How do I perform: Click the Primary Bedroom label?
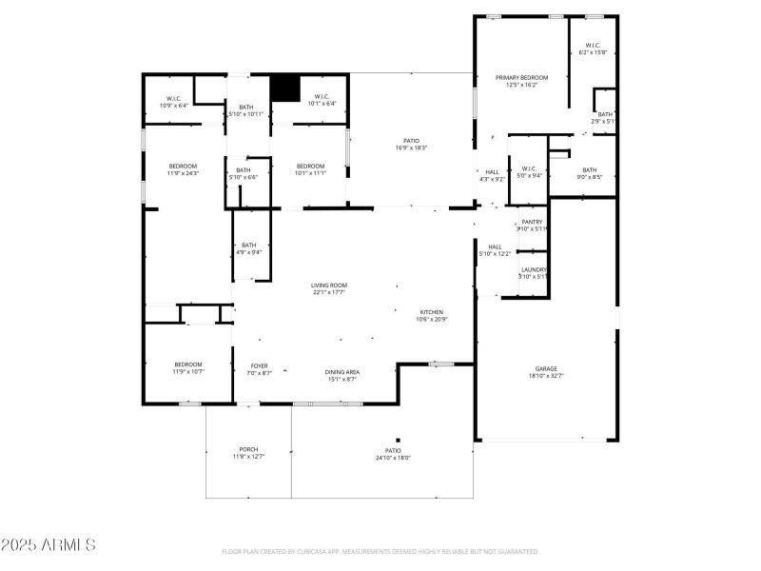(522, 77)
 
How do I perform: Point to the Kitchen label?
(432, 312)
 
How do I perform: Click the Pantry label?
(532, 221)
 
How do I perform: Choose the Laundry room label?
(533, 269)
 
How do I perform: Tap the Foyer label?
(259, 365)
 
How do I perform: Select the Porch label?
(248, 449)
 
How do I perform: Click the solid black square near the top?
(284, 87)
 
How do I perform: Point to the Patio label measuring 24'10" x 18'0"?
(393, 450)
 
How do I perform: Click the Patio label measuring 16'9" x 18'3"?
(411, 141)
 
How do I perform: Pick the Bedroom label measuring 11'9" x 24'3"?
(184, 167)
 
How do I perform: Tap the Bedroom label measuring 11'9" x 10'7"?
(188, 364)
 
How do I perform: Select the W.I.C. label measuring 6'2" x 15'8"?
(592, 45)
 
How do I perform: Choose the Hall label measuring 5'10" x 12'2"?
(495, 246)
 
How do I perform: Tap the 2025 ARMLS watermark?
(48, 545)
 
